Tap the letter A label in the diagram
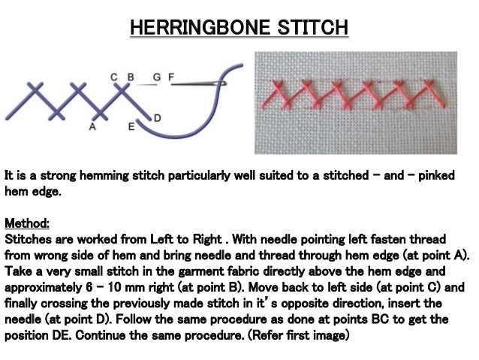click(x=92, y=128)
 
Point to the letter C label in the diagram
click(x=114, y=77)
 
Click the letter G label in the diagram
click(x=156, y=77)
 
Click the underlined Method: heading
click(x=27, y=223)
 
